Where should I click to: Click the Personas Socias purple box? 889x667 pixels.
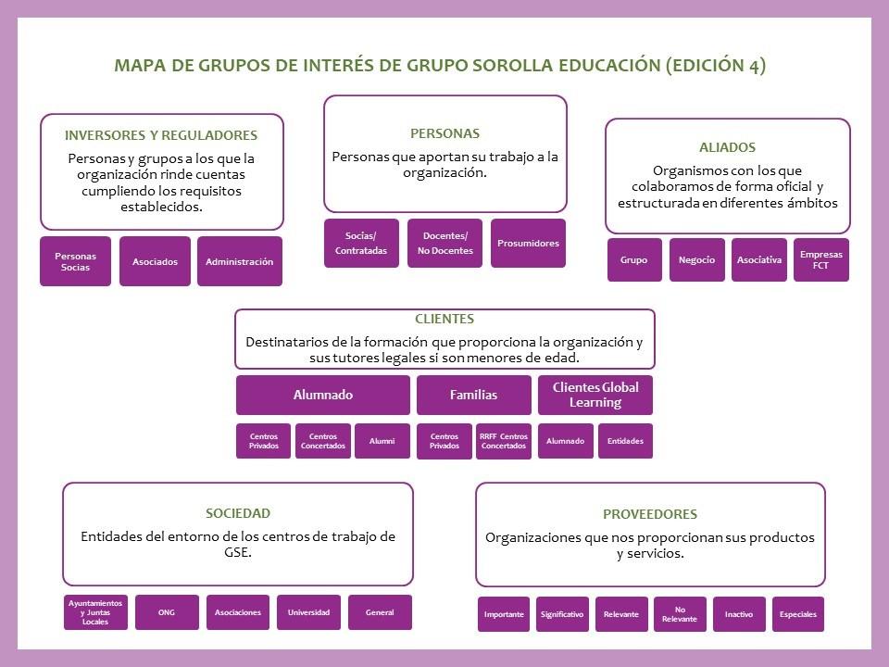tap(75, 261)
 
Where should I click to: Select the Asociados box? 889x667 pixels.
tap(155, 261)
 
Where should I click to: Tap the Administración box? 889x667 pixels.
tap(239, 261)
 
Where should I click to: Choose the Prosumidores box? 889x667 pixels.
tap(528, 244)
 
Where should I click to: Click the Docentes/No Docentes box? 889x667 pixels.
tap(444, 244)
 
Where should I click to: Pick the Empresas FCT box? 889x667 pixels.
tap(820, 259)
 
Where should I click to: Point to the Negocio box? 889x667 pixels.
tap(696, 259)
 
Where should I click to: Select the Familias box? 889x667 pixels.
tap(473, 395)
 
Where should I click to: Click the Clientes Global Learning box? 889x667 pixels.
tap(595, 395)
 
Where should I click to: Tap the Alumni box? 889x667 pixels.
tap(382, 441)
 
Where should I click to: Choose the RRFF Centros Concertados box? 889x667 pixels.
tap(503, 441)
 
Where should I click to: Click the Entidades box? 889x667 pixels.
tap(625, 441)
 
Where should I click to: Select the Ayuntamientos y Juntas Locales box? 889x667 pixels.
tap(95, 612)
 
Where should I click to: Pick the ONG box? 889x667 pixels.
tap(167, 612)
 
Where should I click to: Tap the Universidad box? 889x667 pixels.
tap(308, 612)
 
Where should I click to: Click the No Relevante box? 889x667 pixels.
tap(679, 614)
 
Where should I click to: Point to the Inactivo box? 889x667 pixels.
tap(739, 614)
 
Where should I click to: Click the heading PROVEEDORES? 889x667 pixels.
tap(649, 514)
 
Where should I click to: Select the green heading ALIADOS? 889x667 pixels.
tap(727, 147)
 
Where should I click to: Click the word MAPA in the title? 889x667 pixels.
tap(138, 66)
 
